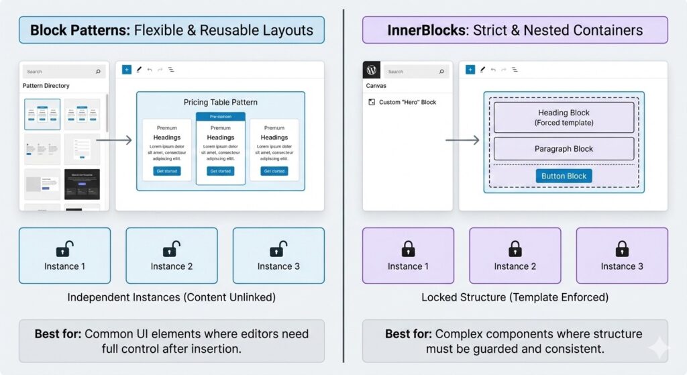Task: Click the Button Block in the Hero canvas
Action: pyautogui.click(x=564, y=176)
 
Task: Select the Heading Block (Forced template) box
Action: pyautogui.click(x=564, y=117)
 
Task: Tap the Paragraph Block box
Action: pyautogui.click(x=564, y=149)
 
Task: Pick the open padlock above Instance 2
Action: pyautogui.click(x=172, y=249)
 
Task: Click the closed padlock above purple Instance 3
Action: pyautogui.click(x=622, y=249)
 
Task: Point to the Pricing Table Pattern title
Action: pyautogui.click(x=220, y=102)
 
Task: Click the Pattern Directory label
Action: pyautogui.click(x=46, y=86)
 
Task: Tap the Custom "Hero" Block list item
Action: pyautogui.click(x=407, y=102)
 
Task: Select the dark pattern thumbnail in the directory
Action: pyautogui.click(x=83, y=184)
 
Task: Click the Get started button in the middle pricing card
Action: pyautogui.click(x=220, y=171)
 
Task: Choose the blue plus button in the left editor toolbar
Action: pyautogui.click(x=127, y=69)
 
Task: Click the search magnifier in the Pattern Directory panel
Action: pyautogui.click(x=98, y=71)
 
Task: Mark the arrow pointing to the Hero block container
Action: pyautogui.click(x=462, y=140)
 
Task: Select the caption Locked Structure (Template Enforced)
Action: pyautogui.click(x=515, y=297)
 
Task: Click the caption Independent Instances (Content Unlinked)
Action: pyautogui.click(x=172, y=297)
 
